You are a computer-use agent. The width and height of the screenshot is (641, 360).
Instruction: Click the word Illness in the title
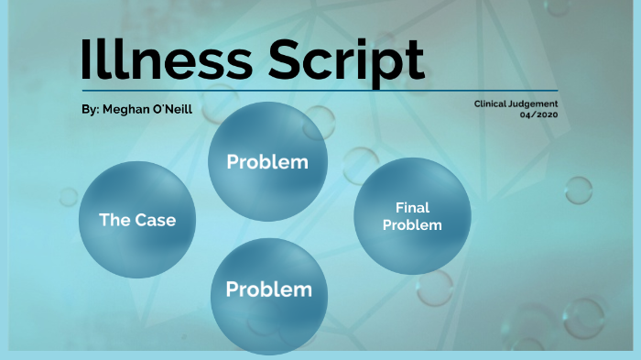[x=165, y=59]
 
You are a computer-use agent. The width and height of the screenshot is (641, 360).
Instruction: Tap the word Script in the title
[x=347, y=60]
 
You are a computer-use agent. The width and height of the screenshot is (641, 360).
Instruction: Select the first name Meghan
[x=126, y=109]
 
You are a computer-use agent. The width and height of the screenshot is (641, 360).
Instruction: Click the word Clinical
[x=495, y=104]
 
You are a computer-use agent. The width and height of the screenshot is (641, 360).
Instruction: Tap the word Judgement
[x=538, y=104]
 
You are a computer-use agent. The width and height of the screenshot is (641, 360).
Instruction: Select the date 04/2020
[x=538, y=115]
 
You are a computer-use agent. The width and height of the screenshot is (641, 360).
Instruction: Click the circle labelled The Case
[x=137, y=220]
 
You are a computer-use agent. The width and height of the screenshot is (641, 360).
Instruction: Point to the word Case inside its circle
[x=155, y=220]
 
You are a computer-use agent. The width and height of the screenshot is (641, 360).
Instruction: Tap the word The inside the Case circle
[x=114, y=220]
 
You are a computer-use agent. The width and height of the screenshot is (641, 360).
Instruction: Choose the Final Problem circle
[x=412, y=216]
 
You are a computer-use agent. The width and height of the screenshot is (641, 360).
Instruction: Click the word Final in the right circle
[x=412, y=208]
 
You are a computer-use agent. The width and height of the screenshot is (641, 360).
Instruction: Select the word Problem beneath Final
[x=412, y=225]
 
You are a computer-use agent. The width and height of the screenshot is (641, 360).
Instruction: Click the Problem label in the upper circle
[x=266, y=162]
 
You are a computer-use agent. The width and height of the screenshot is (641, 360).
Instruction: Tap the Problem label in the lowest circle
[x=268, y=289]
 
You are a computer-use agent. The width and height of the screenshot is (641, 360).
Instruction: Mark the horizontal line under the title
[x=320, y=91]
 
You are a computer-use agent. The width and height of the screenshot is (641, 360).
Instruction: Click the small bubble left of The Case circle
[x=69, y=196]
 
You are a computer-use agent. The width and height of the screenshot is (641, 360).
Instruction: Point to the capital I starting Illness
[x=87, y=59]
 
